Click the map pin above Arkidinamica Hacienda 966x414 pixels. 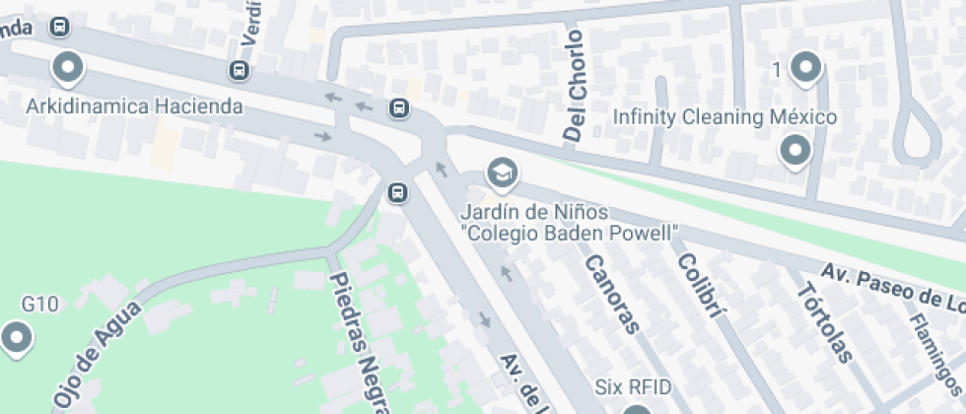[x=68, y=68]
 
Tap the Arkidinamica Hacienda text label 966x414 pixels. [x=135, y=105]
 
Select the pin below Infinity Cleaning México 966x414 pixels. [x=794, y=152]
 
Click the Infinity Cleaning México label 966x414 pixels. [x=724, y=117]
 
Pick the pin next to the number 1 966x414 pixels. [x=806, y=68]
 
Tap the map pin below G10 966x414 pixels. [x=17, y=339]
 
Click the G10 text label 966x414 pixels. [x=40, y=304]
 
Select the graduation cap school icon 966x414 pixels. [x=503, y=174]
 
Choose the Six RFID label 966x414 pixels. [x=634, y=385]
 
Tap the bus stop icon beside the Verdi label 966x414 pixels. [x=239, y=70]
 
